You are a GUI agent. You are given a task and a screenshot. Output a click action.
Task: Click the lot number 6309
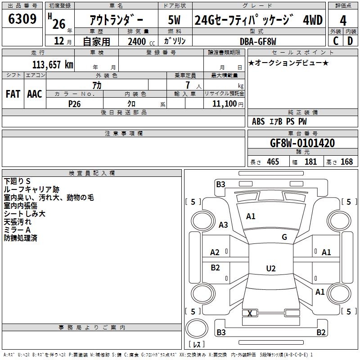click(x=22, y=19)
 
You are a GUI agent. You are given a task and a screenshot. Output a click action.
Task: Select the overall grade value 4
click(x=343, y=21)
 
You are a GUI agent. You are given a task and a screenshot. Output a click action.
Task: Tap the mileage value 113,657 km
click(x=52, y=65)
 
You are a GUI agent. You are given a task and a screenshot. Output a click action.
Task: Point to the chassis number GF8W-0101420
click(x=302, y=143)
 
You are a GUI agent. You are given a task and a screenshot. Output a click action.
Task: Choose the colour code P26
click(x=75, y=103)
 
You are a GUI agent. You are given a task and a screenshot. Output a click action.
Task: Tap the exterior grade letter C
click(x=335, y=41)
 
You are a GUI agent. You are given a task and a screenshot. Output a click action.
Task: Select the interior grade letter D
click(x=350, y=41)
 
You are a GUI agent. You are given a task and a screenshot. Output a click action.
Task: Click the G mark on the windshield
click(x=284, y=237)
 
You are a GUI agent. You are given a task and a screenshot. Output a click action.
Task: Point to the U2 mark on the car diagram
click(x=270, y=269)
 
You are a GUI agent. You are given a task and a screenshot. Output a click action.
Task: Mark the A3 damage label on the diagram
click(x=223, y=225)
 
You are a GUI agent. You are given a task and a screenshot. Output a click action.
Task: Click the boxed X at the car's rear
click(x=250, y=313)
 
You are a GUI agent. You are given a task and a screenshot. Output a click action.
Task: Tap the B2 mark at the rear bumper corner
click(x=321, y=333)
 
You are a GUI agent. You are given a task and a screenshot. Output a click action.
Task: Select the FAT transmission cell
click(x=13, y=94)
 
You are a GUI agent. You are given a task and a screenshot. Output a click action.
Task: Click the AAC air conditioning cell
click(x=35, y=94)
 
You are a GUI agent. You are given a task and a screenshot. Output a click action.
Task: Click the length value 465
click(x=273, y=162)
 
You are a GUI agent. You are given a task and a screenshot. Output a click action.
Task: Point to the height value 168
click(x=346, y=162)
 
